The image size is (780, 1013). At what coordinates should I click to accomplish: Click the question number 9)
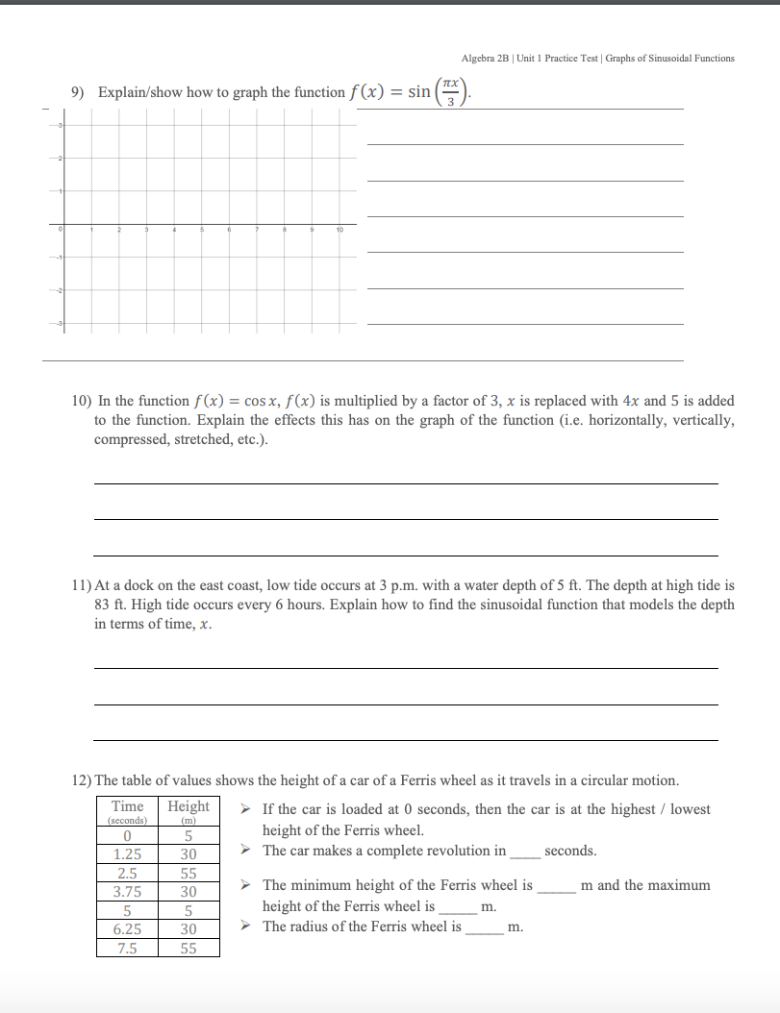pos(80,93)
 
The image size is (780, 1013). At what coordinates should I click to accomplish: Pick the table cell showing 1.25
pos(128,853)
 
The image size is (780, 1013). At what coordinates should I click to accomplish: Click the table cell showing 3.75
pos(128,891)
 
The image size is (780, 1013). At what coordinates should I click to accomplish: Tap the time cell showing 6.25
pos(128,929)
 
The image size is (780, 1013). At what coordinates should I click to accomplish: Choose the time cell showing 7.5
pos(128,948)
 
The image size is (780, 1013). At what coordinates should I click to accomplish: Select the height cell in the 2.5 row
pos(189,873)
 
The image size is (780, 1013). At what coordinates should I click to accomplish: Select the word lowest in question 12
pos(691,809)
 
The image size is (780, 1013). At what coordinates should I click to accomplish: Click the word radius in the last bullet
pos(311,927)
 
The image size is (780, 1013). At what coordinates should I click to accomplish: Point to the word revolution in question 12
pos(473,851)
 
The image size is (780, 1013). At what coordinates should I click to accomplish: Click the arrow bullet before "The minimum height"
pos(247,885)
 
